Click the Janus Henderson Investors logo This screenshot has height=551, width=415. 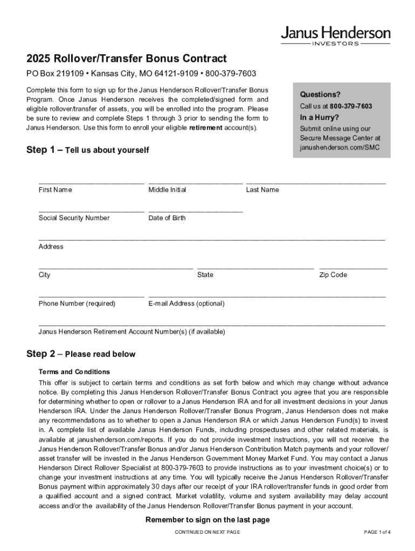pos(335,36)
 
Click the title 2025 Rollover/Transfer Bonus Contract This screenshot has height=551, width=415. pos(127,59)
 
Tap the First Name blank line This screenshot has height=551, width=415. pos(91,182)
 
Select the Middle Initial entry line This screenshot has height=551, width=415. pos(195,182)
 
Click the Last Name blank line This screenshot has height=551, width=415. pos(316,182)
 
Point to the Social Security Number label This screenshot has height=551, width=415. pos(74,218)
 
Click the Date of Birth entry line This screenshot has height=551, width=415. pos(195,210)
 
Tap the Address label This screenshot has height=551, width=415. pos(51,246)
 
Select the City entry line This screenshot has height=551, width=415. pos(115,267)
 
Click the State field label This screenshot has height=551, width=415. pos(205,275)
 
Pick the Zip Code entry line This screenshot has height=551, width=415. pos(353,267)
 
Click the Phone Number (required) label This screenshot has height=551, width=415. pos(77,303)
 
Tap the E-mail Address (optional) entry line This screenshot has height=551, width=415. pos(267,295)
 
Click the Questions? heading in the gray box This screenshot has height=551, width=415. pos(320,95)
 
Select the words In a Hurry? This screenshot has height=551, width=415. pos(320,118)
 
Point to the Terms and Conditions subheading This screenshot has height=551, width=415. pos(74,372)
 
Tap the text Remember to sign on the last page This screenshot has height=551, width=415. pos(207,520)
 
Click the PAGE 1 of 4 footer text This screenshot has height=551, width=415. pos(377,532)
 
